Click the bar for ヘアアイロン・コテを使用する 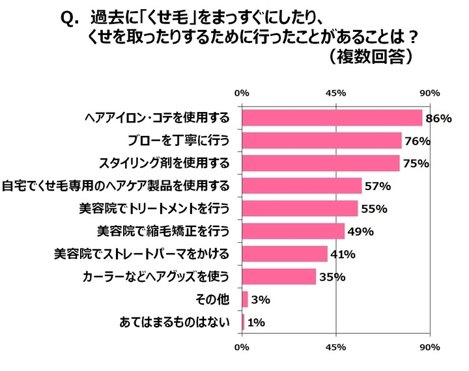(x=332, y=118)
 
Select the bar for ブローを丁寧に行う (x=322, y=141)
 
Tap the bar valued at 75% (x=320, y=163)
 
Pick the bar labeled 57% (x=302, y=186)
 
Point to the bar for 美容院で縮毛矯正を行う (x=293, y=231)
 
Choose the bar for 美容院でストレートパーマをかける (x=285, y=254)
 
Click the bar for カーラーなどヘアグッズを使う (x=279, y=277)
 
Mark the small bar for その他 (x=245, y=299)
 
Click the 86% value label (x=438, y=118)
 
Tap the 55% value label (x=375, y=209)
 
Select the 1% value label (x=255, y=322)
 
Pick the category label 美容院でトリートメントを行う (x=154, y=209)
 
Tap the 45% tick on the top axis (x=335, y=94)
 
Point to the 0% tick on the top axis (x=242, y=94)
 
